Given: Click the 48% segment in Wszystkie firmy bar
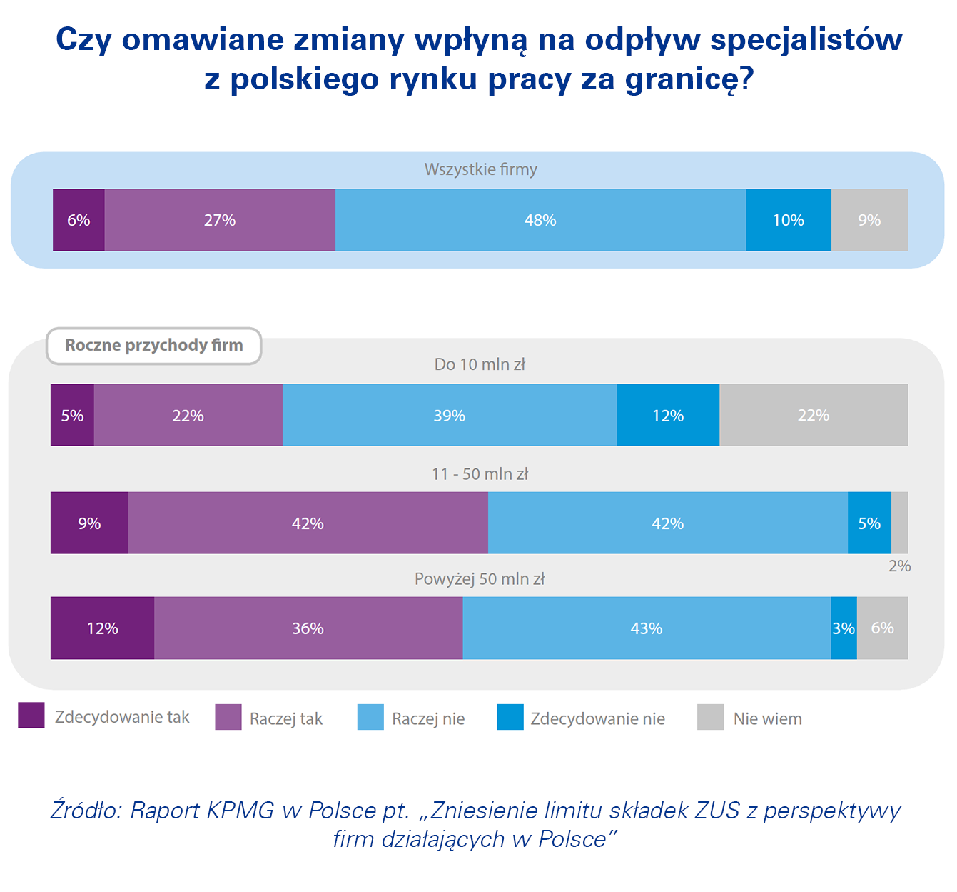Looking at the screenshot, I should [x=540, y=220].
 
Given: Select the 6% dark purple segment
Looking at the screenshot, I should [x=79, y=220].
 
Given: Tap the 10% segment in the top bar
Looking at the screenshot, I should [x=788, y=220].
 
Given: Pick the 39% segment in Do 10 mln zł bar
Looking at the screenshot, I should [x=450, y=415].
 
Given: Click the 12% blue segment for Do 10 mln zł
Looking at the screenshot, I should [x=668, y=415].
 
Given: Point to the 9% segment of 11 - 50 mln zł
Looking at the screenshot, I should [x=89, y=523].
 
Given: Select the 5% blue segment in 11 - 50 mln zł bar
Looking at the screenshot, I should [x=869, y=523].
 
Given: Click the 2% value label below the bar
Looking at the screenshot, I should [x=899, y=566].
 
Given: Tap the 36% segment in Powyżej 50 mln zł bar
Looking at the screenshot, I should [x=308, y=628].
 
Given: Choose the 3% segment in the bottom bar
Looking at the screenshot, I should [x=844, y=628].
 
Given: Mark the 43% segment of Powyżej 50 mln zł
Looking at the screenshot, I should [x=647, y=628].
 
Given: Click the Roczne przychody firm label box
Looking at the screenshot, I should [x=154, y=346].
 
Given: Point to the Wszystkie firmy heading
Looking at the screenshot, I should [x=480, y=169].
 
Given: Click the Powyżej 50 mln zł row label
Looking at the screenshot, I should [x=480, y=579].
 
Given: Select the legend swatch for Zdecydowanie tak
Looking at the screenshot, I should [x=31, y=716].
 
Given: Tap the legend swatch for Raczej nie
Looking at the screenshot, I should [x=370, y=717].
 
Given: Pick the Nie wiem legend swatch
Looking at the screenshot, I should [x=710, y=717].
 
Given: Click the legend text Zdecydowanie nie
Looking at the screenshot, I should [x=597, y=718].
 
